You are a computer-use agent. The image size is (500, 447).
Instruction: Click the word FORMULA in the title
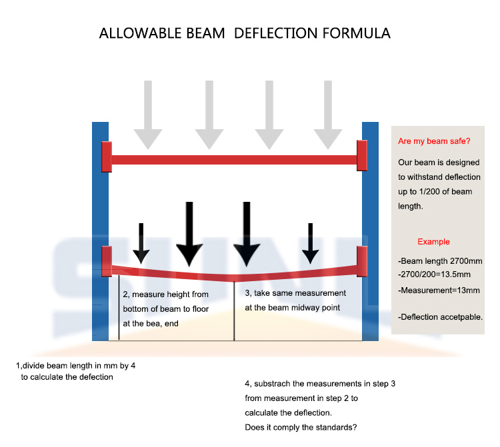357,33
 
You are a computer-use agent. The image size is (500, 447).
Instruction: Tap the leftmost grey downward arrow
148,115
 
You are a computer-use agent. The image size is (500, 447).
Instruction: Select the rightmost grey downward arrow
328,115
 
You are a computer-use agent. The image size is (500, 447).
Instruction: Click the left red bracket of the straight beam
107,157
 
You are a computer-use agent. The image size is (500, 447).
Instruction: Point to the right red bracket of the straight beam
362,155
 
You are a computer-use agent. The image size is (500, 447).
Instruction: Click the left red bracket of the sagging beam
107,261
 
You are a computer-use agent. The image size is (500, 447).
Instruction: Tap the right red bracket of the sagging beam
362,261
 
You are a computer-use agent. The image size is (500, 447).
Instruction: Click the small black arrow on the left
141,243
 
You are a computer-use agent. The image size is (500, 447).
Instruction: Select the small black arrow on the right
310,243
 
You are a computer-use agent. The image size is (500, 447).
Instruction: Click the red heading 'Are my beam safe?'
434,141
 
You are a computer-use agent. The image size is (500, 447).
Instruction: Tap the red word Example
433,242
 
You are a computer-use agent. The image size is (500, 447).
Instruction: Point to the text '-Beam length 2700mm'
440,261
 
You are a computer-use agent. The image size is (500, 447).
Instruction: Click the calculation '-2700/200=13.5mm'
434,274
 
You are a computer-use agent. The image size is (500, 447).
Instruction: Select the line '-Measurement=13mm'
439,290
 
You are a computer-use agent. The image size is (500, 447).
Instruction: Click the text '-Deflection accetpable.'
441,317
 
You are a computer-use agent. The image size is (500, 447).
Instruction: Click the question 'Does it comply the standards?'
301,427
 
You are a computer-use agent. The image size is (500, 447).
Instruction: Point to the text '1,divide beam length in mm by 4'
75,366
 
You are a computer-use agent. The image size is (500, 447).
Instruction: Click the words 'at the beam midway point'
293,308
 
